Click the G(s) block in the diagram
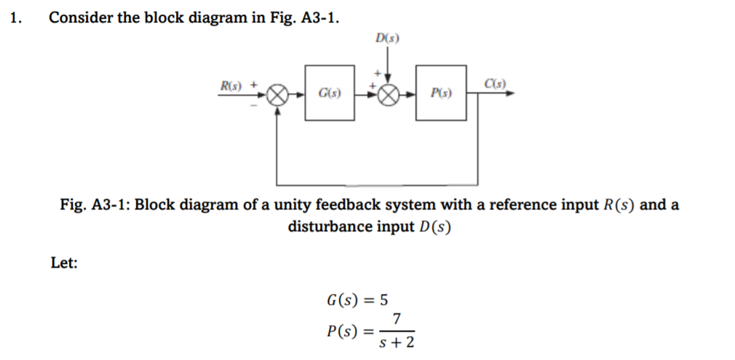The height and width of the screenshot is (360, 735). coord(330,94)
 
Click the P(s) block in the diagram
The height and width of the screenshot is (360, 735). coord(441,94)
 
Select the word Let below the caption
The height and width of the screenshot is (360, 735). coord(64,264)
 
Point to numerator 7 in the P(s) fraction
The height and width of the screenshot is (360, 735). coord(396,319)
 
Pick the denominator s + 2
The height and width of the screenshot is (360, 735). coord(397,342)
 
